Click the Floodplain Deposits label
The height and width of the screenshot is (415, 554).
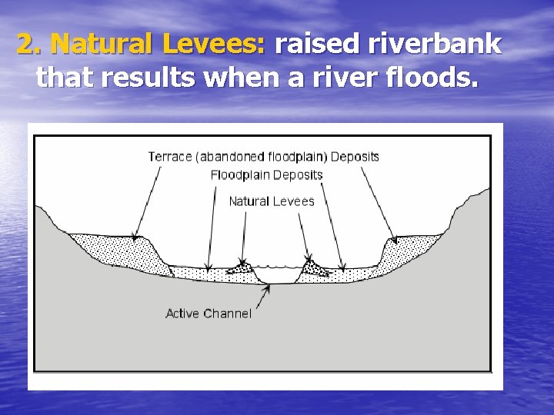(266, 175)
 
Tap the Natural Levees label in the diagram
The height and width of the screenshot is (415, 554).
(272, 201)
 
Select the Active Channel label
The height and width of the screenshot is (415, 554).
(208, 314)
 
